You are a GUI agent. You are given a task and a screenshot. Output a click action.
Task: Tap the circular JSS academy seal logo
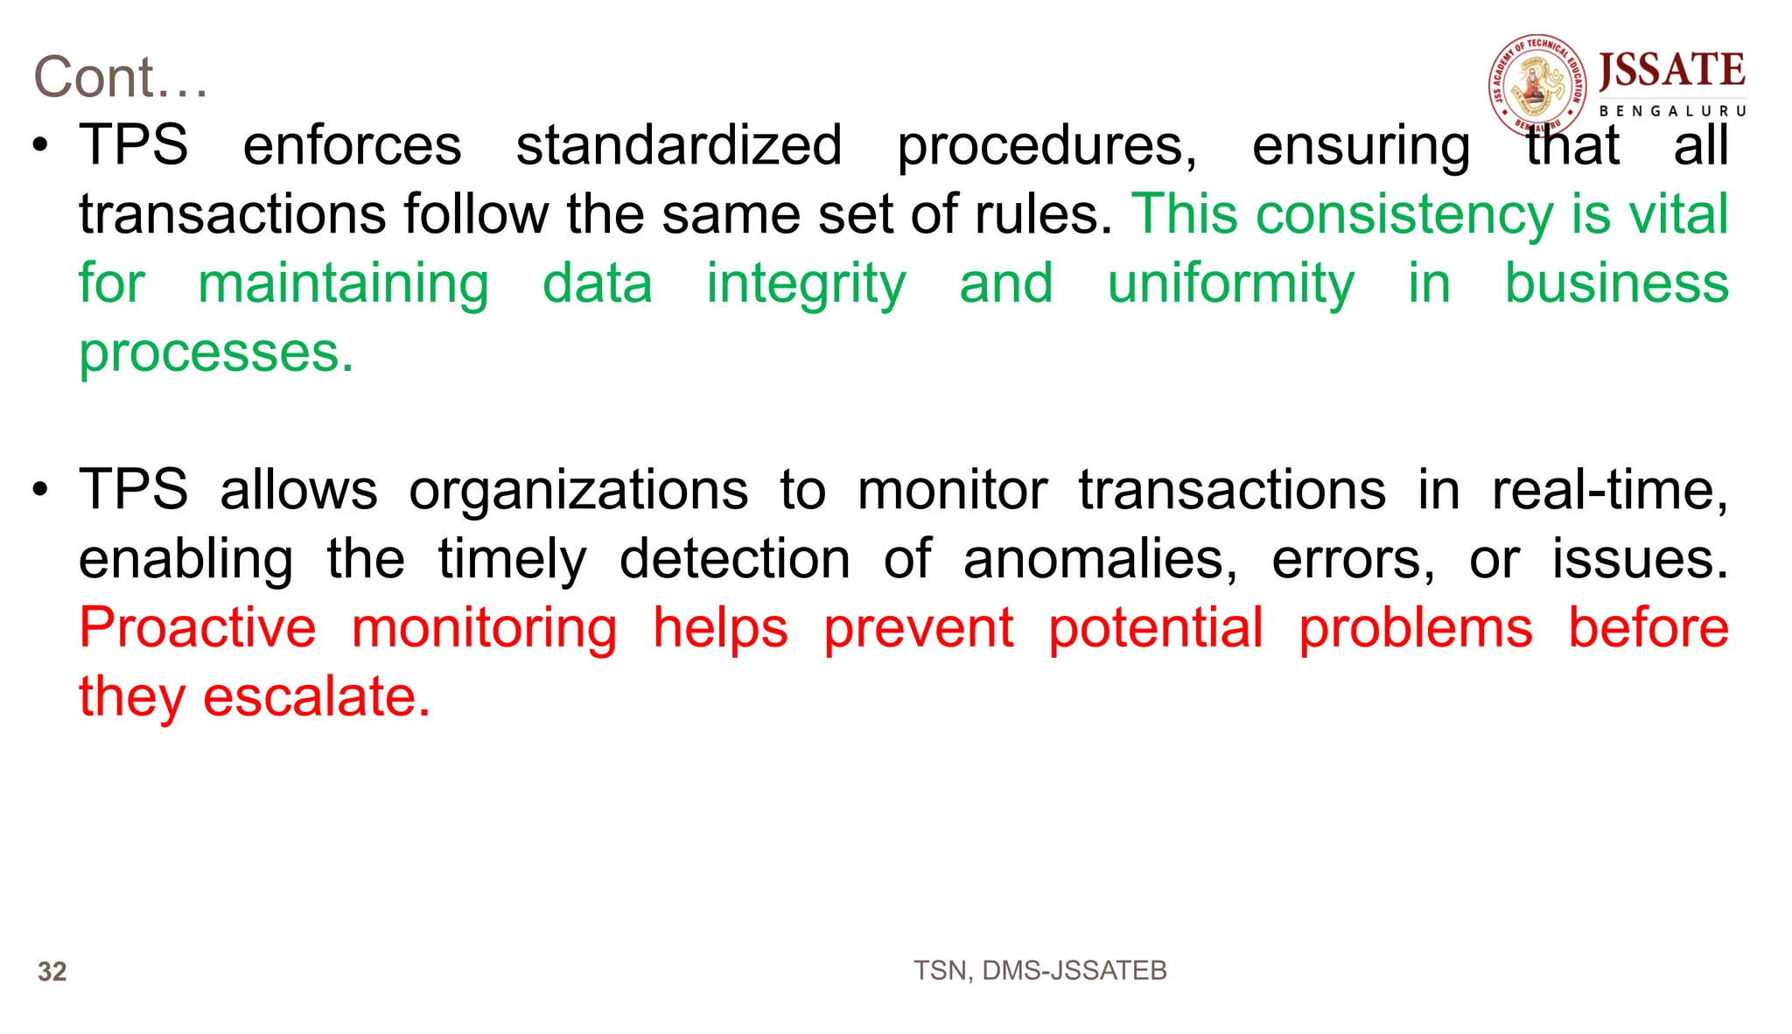tap(1537, 86)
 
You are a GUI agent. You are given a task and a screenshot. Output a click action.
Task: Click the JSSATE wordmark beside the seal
tap(1671, 71)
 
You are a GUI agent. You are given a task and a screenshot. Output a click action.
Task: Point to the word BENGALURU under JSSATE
tap(1672, 111)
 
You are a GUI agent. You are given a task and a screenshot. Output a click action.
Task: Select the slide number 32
tap(52, 972)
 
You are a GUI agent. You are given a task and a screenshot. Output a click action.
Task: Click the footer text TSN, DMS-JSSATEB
tap(1039, 970)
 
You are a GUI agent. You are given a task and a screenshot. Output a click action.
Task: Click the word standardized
tap(678, 145)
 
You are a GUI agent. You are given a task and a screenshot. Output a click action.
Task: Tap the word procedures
tap(1046, 145)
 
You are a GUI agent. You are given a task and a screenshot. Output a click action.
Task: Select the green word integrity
tap(806, 284)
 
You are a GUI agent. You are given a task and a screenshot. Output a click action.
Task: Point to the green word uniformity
tap(1230, 284)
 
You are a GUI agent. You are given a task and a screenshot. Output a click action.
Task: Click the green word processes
tap(216, 353)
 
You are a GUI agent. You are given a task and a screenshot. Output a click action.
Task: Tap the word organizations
tap(578, 490)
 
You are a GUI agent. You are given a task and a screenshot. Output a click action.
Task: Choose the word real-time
tap(1609, 490)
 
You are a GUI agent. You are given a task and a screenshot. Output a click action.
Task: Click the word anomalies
tap(1100, 559)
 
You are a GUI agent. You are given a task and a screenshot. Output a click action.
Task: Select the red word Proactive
tap(198, 628)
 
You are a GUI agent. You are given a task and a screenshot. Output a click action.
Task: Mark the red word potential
tap(1155, 628)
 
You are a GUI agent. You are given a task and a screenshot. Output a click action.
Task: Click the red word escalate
tap(317, 697)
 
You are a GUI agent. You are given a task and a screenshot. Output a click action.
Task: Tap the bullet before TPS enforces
tap(40, 145)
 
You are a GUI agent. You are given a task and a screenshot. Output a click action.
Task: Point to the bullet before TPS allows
tap(40, 490)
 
